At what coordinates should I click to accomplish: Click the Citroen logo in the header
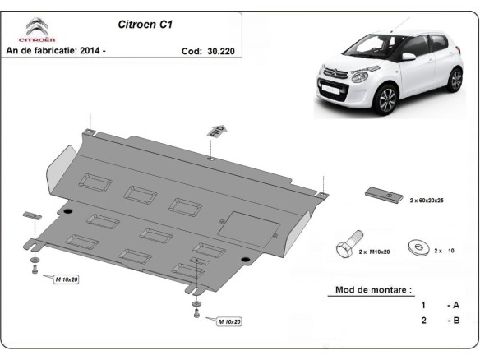coord(38,30)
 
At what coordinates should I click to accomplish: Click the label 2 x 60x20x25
coord(432,200)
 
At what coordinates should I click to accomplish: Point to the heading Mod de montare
coord(374,290)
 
